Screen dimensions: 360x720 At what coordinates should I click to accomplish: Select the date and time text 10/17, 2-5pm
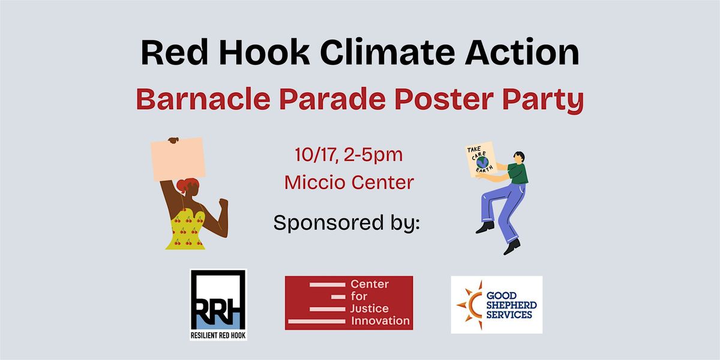349,155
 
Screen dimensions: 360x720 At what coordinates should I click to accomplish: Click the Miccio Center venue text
349,182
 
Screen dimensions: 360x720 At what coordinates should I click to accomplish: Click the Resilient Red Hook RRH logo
218,304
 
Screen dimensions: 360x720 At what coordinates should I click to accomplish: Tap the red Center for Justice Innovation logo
349,303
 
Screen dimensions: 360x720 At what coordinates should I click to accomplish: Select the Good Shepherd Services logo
496,304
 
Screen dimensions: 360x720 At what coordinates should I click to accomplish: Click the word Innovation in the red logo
380,321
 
